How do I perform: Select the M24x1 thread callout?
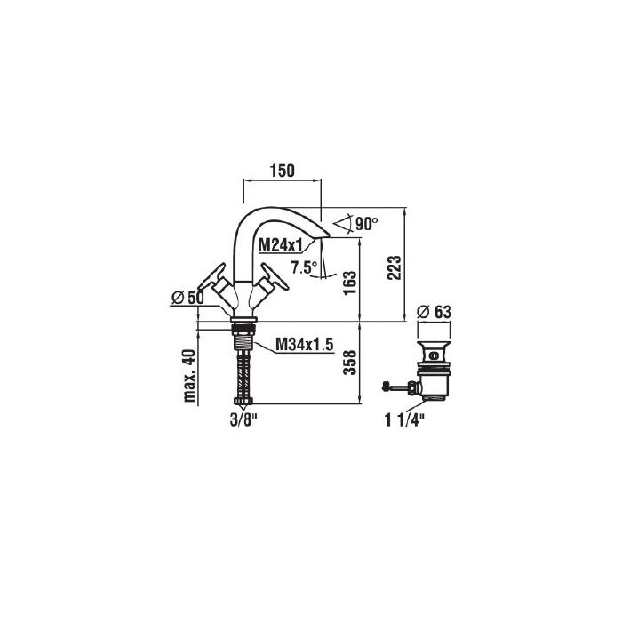click(283, 245)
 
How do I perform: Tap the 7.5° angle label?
click(304, 267)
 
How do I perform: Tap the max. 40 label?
click(189, 375)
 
